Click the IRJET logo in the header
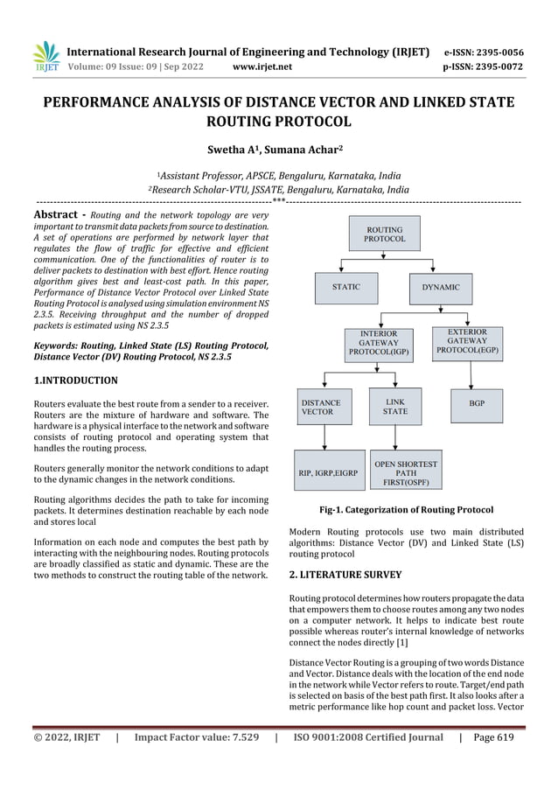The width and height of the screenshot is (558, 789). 45,56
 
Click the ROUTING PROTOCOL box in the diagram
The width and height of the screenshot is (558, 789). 385,234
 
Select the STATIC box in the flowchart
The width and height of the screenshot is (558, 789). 345,287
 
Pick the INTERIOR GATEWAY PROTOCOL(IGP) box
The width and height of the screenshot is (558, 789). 379,343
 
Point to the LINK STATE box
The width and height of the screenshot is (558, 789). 394,405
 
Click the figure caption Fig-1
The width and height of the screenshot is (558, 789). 406,509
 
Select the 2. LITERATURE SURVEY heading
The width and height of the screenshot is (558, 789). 345,575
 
